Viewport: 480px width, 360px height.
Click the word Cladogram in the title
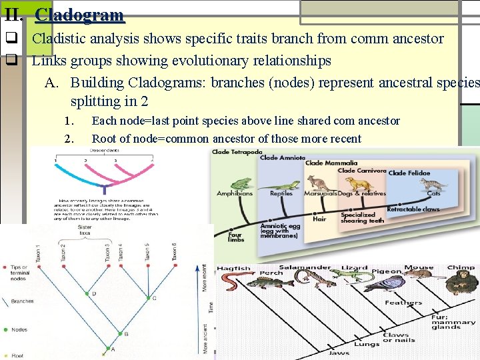79,15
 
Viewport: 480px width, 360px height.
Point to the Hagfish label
233,269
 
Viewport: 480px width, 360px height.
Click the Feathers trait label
403,303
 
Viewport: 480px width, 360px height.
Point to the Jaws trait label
338,353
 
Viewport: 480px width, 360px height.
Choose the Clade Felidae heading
410,173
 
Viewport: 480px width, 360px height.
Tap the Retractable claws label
413,209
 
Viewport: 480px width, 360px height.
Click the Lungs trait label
366,344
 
